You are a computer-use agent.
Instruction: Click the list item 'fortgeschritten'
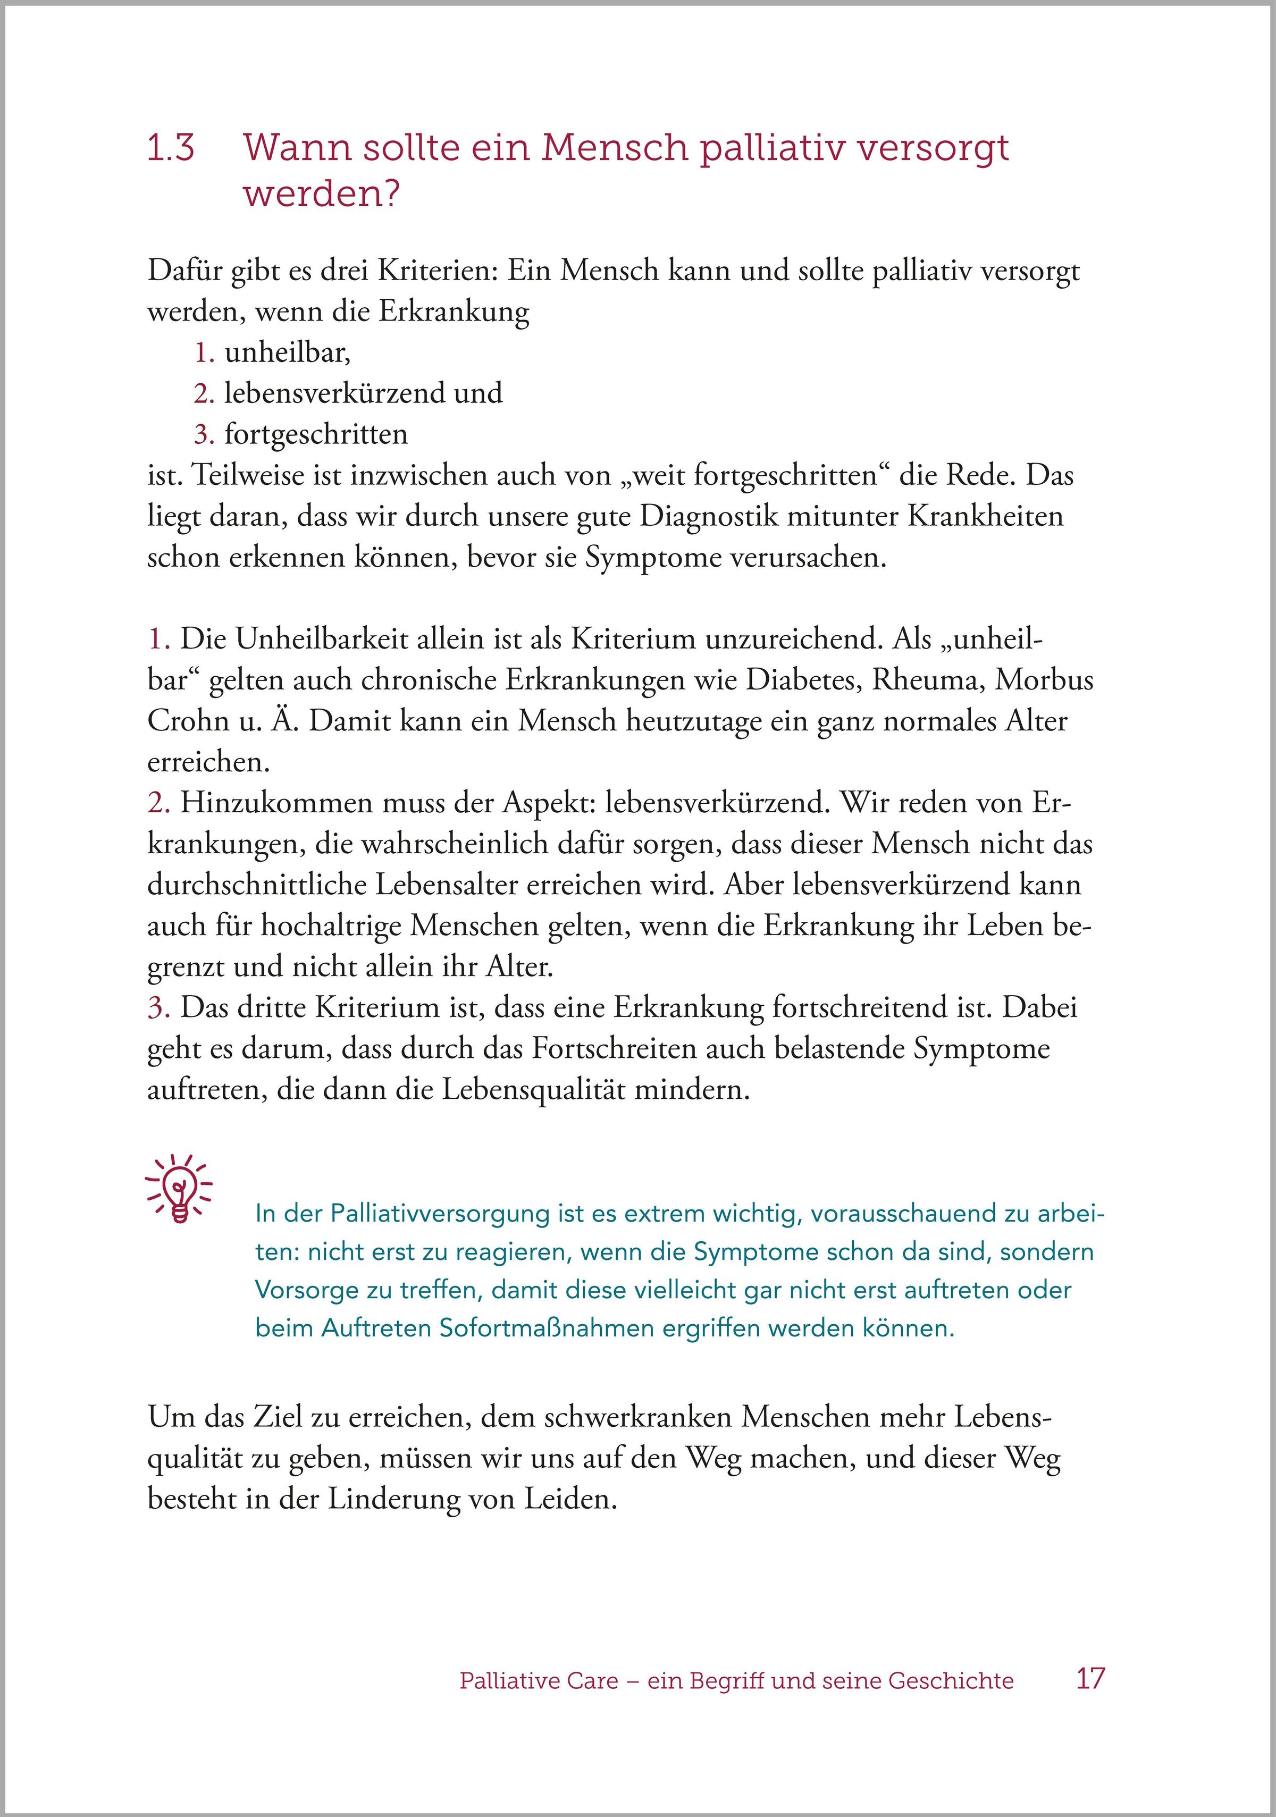316,434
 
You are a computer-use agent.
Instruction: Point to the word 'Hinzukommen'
276,803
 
